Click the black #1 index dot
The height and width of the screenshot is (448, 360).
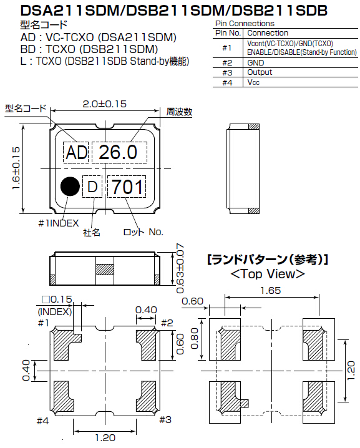coord(70,187)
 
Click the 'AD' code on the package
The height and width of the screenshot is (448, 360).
coord(76,152)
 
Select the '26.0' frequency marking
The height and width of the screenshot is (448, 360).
coord(118,152)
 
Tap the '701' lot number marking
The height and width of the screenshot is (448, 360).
coord(127,187)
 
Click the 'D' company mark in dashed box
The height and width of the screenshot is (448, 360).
coord(92,187)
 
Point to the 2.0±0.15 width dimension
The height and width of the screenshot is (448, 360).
coord(105,104)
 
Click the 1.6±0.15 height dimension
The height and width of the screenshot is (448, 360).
coord(16,168)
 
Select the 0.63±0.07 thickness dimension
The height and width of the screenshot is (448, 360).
coord(180,268)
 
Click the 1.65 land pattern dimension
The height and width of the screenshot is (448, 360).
coord(271,291)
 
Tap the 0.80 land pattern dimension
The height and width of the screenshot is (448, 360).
coord(194,339)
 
